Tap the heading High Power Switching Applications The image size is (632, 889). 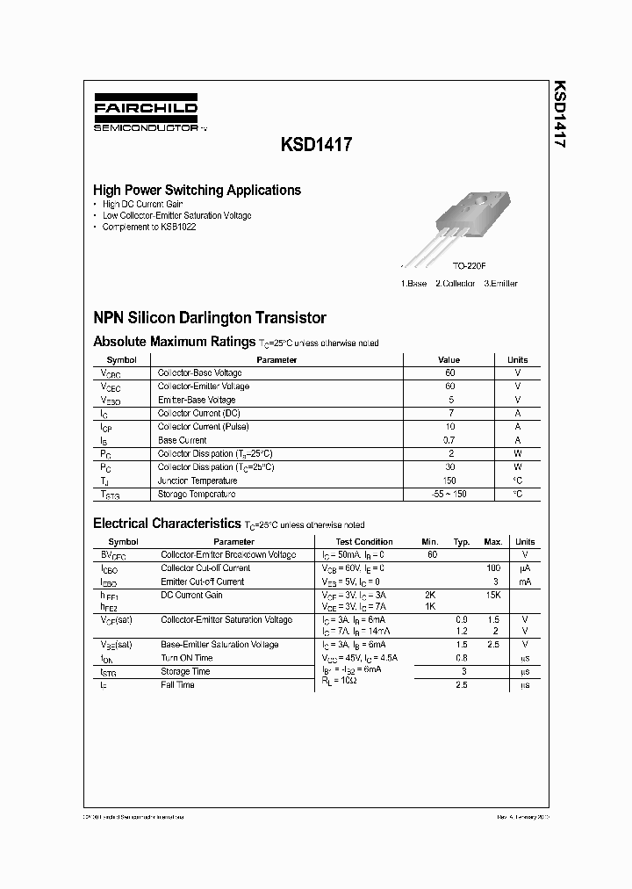197,190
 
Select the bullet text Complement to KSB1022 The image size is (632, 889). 148,227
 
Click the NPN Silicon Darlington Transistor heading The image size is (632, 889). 210,318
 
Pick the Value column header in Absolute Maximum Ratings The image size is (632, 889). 449,359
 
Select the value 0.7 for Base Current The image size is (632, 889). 449,440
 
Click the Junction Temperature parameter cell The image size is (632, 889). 197,481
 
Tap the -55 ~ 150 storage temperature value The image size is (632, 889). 449,494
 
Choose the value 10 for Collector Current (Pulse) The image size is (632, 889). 449,427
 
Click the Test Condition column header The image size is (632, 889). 364,542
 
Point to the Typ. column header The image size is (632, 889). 462,542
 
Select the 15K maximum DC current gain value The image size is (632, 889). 493,596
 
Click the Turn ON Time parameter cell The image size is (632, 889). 186,658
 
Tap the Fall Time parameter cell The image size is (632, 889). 177,684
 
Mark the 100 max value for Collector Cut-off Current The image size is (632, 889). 493,568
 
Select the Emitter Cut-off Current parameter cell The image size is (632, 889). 202,582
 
